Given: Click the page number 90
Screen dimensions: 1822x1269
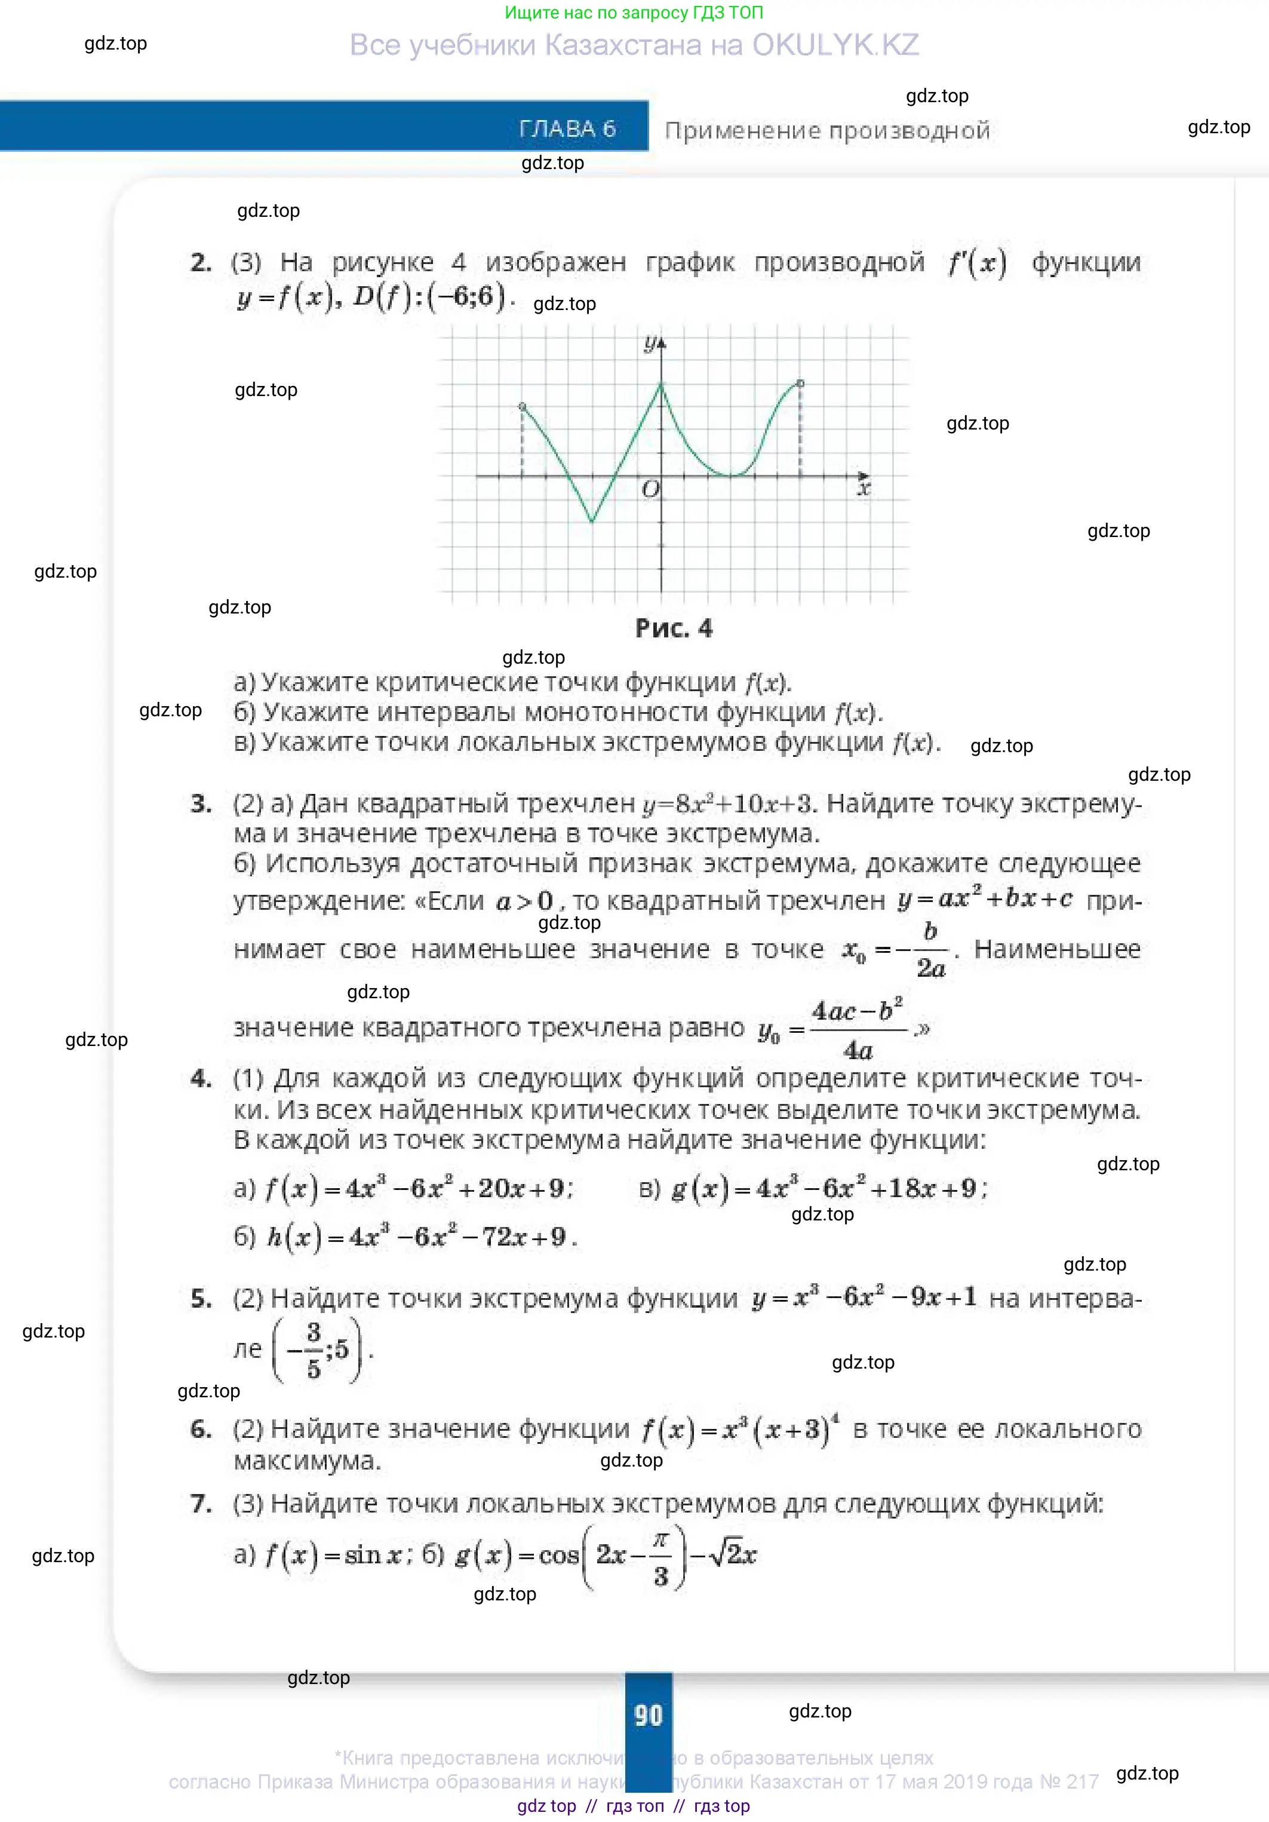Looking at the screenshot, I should pyautogui.click(x=648, y=1715).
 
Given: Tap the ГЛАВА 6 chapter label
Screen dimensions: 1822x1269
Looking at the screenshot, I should pyautogui.click(x=567, y=128).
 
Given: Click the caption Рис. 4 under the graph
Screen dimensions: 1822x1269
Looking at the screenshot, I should pyautogui.click(x=674, y=628).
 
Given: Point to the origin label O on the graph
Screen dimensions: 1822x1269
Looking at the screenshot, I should pyautogui.click(x=650, y=490).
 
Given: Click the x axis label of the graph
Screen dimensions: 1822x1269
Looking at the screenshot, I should pyautogui.click(x=864, y=488).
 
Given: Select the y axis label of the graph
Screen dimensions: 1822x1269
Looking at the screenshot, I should pyautogui.click(x=650, y=343).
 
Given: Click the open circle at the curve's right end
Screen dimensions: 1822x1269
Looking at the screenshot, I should pyautogui.click(x=800, y=384).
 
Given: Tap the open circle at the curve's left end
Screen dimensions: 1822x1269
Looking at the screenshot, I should pyautogui.click(x=522, y=406).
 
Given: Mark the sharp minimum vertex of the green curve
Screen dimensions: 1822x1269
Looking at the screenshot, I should pyautogui.click(x=592, y=522).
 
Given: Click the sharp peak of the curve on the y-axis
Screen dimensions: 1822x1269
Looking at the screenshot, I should pyautogui.click(x=662, y=384).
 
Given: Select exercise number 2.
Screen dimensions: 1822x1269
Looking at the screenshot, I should pyautogui.click(x=201, y=263).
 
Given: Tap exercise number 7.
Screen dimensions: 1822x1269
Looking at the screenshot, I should pyautogui.click(x=201, y=1504).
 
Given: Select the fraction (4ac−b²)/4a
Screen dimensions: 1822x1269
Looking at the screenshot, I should pyautogui.click(x=858, y=1030).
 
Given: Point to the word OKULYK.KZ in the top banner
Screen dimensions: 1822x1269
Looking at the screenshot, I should pyautogui.click(x=835, y=45).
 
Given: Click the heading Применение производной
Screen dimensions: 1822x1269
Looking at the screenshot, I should pyautogui.click(x=827, y=130).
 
